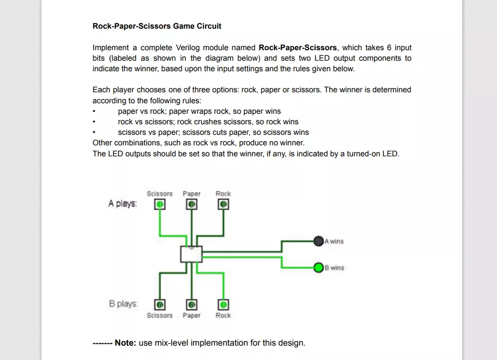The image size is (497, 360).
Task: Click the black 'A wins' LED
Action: coord(319,241)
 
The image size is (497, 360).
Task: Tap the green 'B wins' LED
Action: coord(319,267)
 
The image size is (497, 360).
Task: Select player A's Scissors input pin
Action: coord(160,205)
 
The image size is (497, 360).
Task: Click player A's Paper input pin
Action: coord(191,205)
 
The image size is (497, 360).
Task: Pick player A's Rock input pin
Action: coord(223,205)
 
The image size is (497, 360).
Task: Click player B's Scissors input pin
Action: coord(160,305)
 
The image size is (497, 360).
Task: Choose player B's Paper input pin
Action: coord(191,305)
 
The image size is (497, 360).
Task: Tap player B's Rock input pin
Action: coord(223,305)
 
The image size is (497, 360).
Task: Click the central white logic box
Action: coord(191,254)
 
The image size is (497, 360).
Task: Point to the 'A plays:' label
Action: coord(122,204)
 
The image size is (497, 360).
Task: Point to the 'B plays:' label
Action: coord(123,304)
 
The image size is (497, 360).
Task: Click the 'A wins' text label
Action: coord(334,241)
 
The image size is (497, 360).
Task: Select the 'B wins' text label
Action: coord(335,268)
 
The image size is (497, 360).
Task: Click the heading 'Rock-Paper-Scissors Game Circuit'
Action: coord(157,26)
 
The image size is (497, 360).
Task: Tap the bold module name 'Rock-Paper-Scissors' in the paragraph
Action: coord(297,47)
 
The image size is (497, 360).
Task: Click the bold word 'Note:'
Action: coord(125,343)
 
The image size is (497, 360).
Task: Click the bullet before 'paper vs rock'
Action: coord(94,111)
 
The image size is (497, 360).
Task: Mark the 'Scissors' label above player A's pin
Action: coord(160,194)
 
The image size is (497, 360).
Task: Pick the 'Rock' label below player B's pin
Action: coord(223,316)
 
